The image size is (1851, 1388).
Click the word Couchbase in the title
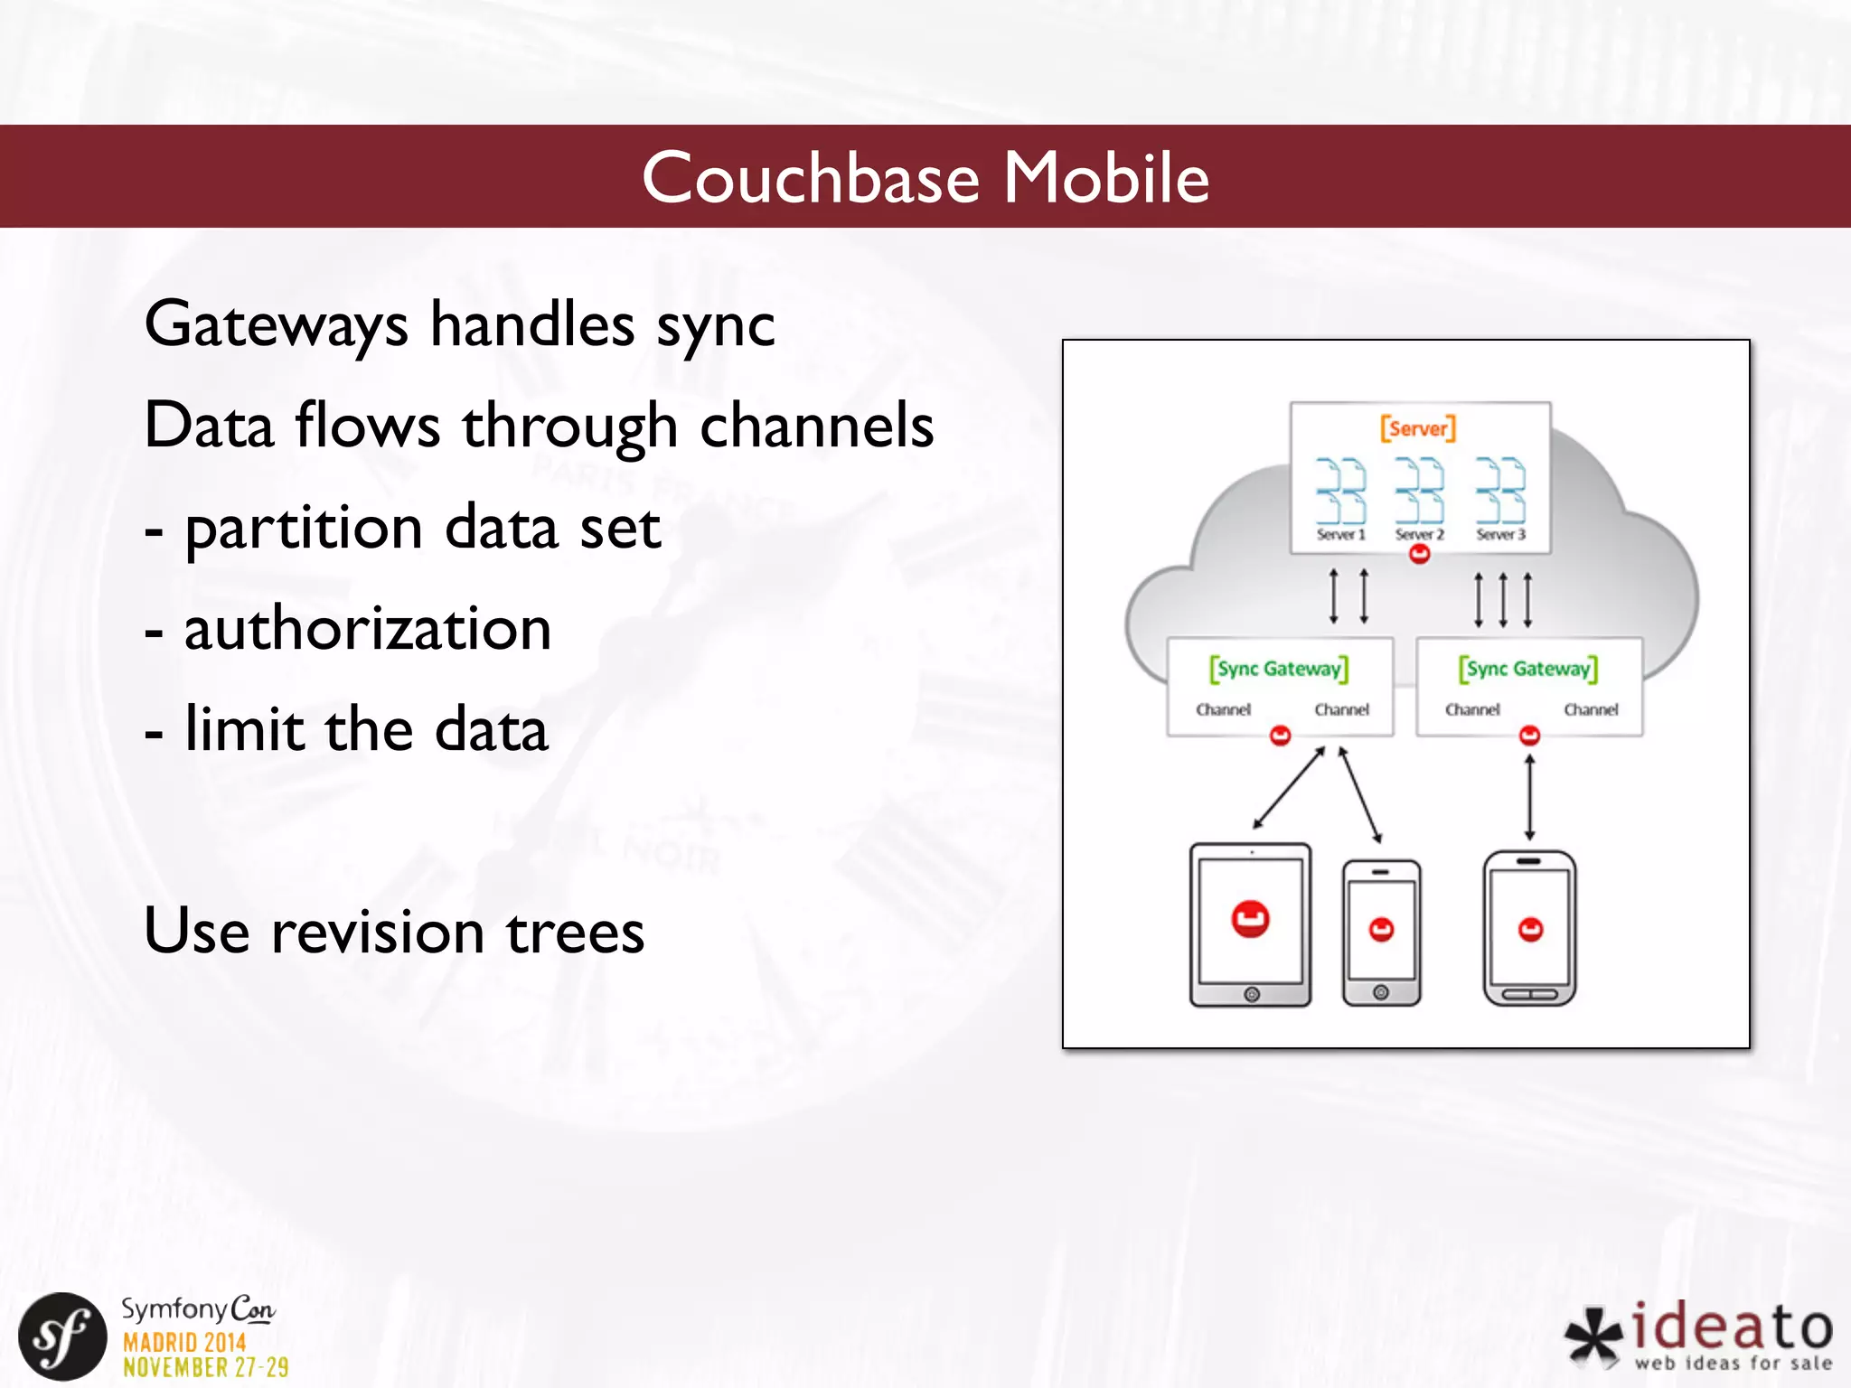pyautogui.click(x=811, y=178)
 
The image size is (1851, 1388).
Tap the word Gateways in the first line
pyautogui.click(x=276, y=325)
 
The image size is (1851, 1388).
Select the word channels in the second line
pyautogui.click(x=816, y=426)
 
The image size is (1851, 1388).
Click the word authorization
pyautogui.click(x=368, y=629)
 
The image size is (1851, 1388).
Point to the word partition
pyautogui.click(x=304, y=530)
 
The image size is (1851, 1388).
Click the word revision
pyautogui.click(x=378, y=932)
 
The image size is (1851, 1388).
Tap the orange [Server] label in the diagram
pyautogui.click(x=1417, y=428)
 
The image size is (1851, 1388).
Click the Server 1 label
pyautogui.click(x=1340, y=534)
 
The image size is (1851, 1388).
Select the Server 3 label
pyautogui.click(x=1500, y=534)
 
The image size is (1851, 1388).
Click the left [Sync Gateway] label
pyautogui.click(x=1279, y=669)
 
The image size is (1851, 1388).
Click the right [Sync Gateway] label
pyautogui.click(x=1527, y=669)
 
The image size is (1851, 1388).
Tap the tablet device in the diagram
pyautogui.click(x=1250, y=925)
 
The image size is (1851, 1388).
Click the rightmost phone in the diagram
pyautogui.click(x=1529, y=928)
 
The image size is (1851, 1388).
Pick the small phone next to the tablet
pyautogui.click(x=1381, y=933)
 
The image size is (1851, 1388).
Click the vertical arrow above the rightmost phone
pyautogui.click(x=1529, y=797)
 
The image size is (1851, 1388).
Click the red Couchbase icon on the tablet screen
pyautogui.click(x=1250, y=919)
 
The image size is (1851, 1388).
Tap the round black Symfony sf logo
pyautogui.click(x=62, y=1336)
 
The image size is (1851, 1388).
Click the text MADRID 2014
pyautogui.click(x=184, y=1342)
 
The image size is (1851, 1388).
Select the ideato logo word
pyautogui.click(x=1732, y=1327)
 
